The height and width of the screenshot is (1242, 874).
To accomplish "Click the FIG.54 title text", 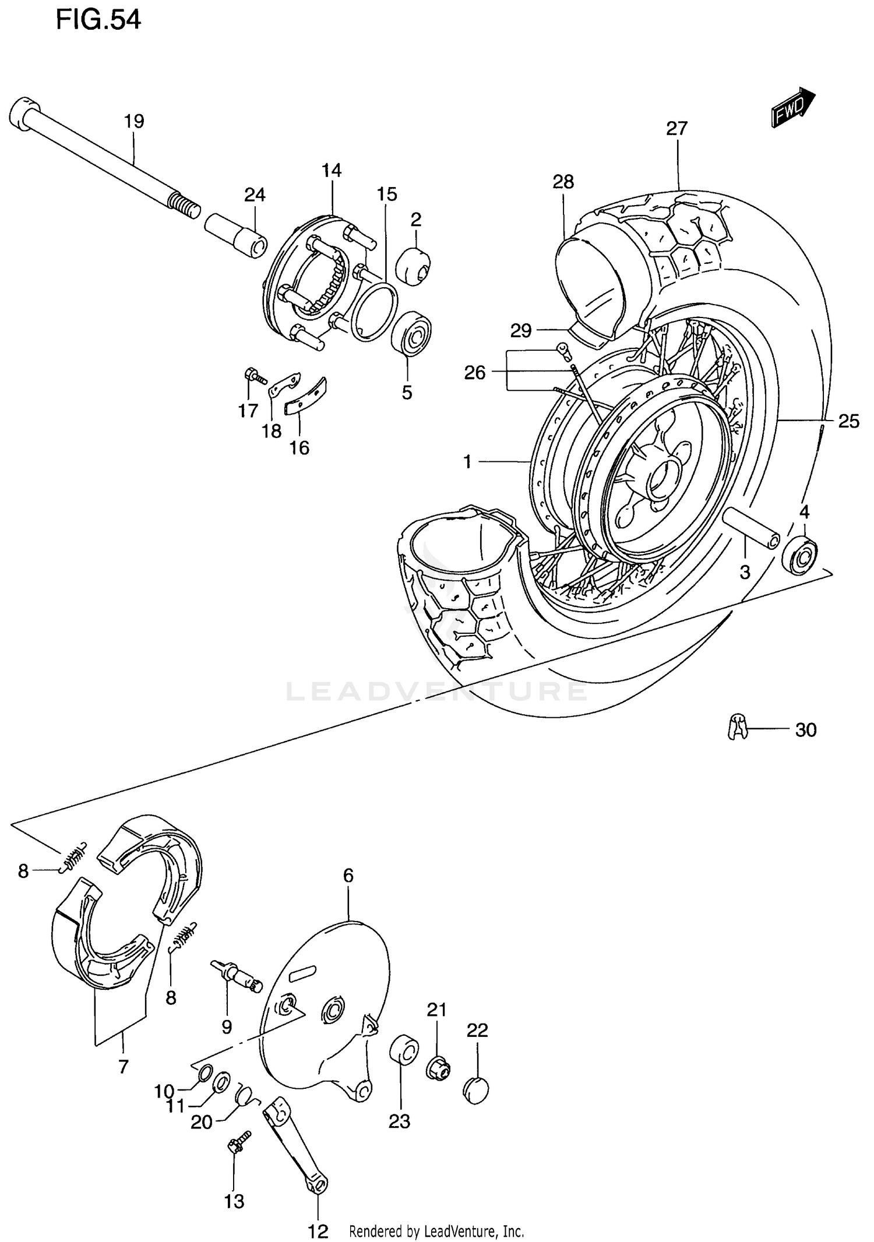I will coord(98,20).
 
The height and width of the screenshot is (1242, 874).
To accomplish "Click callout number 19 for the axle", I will coord(133,121).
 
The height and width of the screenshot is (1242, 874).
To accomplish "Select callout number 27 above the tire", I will coord(677,128).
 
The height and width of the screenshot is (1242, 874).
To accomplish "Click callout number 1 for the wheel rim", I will coord(467,462).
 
